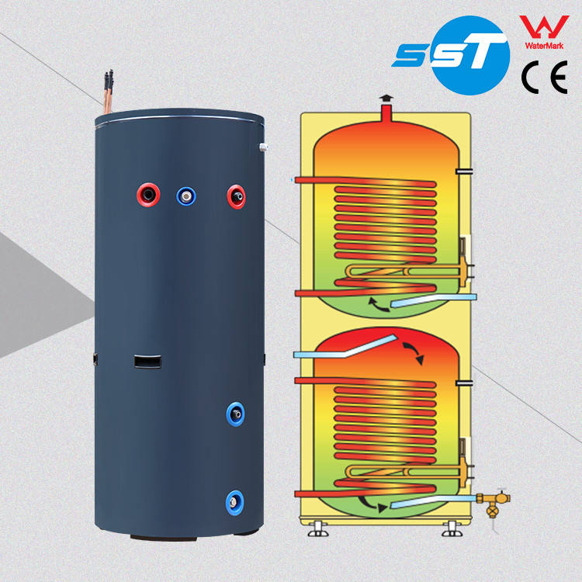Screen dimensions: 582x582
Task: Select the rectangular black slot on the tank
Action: (147, 361)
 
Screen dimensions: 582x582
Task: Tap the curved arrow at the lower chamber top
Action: (414, 352)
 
